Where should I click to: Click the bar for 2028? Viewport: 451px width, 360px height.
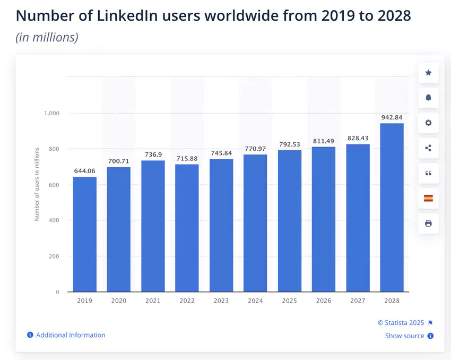point(392,208)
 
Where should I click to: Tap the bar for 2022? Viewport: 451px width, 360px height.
point(187,228)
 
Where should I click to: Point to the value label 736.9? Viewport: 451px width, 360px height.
point(153,155)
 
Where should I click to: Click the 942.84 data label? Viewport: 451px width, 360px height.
point(392,117)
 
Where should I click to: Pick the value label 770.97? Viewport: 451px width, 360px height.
point(255,149)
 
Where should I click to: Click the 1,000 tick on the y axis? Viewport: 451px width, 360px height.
point(52,113)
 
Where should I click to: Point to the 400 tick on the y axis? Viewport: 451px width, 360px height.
point(55,220)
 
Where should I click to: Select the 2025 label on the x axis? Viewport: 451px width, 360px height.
point(289,301)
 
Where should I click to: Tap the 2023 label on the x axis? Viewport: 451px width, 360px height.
point(221,301)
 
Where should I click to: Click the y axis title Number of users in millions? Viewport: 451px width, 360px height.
point(37,185)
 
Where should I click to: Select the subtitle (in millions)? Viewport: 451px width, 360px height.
point(47,38)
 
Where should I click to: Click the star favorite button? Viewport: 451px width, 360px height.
point(428,73)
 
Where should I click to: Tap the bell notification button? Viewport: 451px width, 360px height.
point(428,98)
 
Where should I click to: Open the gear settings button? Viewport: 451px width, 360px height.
point(428,123)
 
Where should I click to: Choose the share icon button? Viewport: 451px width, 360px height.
point(428,148)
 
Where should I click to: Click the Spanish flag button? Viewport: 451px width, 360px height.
point(428,198)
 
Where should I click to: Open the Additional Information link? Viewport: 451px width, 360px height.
point(71,335)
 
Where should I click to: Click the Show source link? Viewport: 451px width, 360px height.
point(404,336)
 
